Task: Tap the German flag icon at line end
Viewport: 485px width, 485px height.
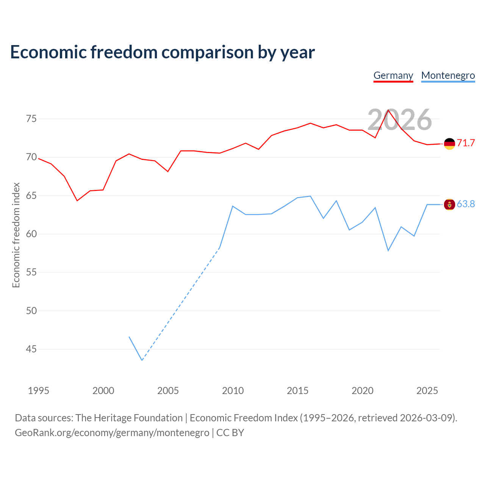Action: coord(449,144)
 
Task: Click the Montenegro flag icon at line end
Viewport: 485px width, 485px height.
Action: coord(449,204)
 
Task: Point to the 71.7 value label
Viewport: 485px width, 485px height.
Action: coord(466,143)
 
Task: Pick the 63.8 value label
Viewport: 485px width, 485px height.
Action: coord(466,204)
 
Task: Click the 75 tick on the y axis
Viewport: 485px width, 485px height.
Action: coord(31,119)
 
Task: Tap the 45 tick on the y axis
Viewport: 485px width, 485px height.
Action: coord(31,349)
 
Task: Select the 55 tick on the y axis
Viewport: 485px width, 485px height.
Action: coord(31,272)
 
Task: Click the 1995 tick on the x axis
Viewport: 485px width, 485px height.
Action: coord(39,391)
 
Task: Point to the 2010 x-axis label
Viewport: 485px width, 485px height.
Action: coord(233,391)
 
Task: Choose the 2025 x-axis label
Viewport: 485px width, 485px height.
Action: coord(427,391)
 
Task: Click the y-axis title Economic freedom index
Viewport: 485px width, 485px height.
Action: coord(16,235)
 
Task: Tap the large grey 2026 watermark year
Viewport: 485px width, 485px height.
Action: coord(400,120)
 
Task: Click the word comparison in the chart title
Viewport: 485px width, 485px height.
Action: coord(207,52)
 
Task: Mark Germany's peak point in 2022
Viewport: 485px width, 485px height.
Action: coord(388,110)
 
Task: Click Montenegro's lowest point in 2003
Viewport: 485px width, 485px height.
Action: coord(142,360)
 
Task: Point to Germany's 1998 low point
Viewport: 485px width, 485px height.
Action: coord(77,200)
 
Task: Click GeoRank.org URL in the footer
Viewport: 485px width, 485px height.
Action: coord(112,433)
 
